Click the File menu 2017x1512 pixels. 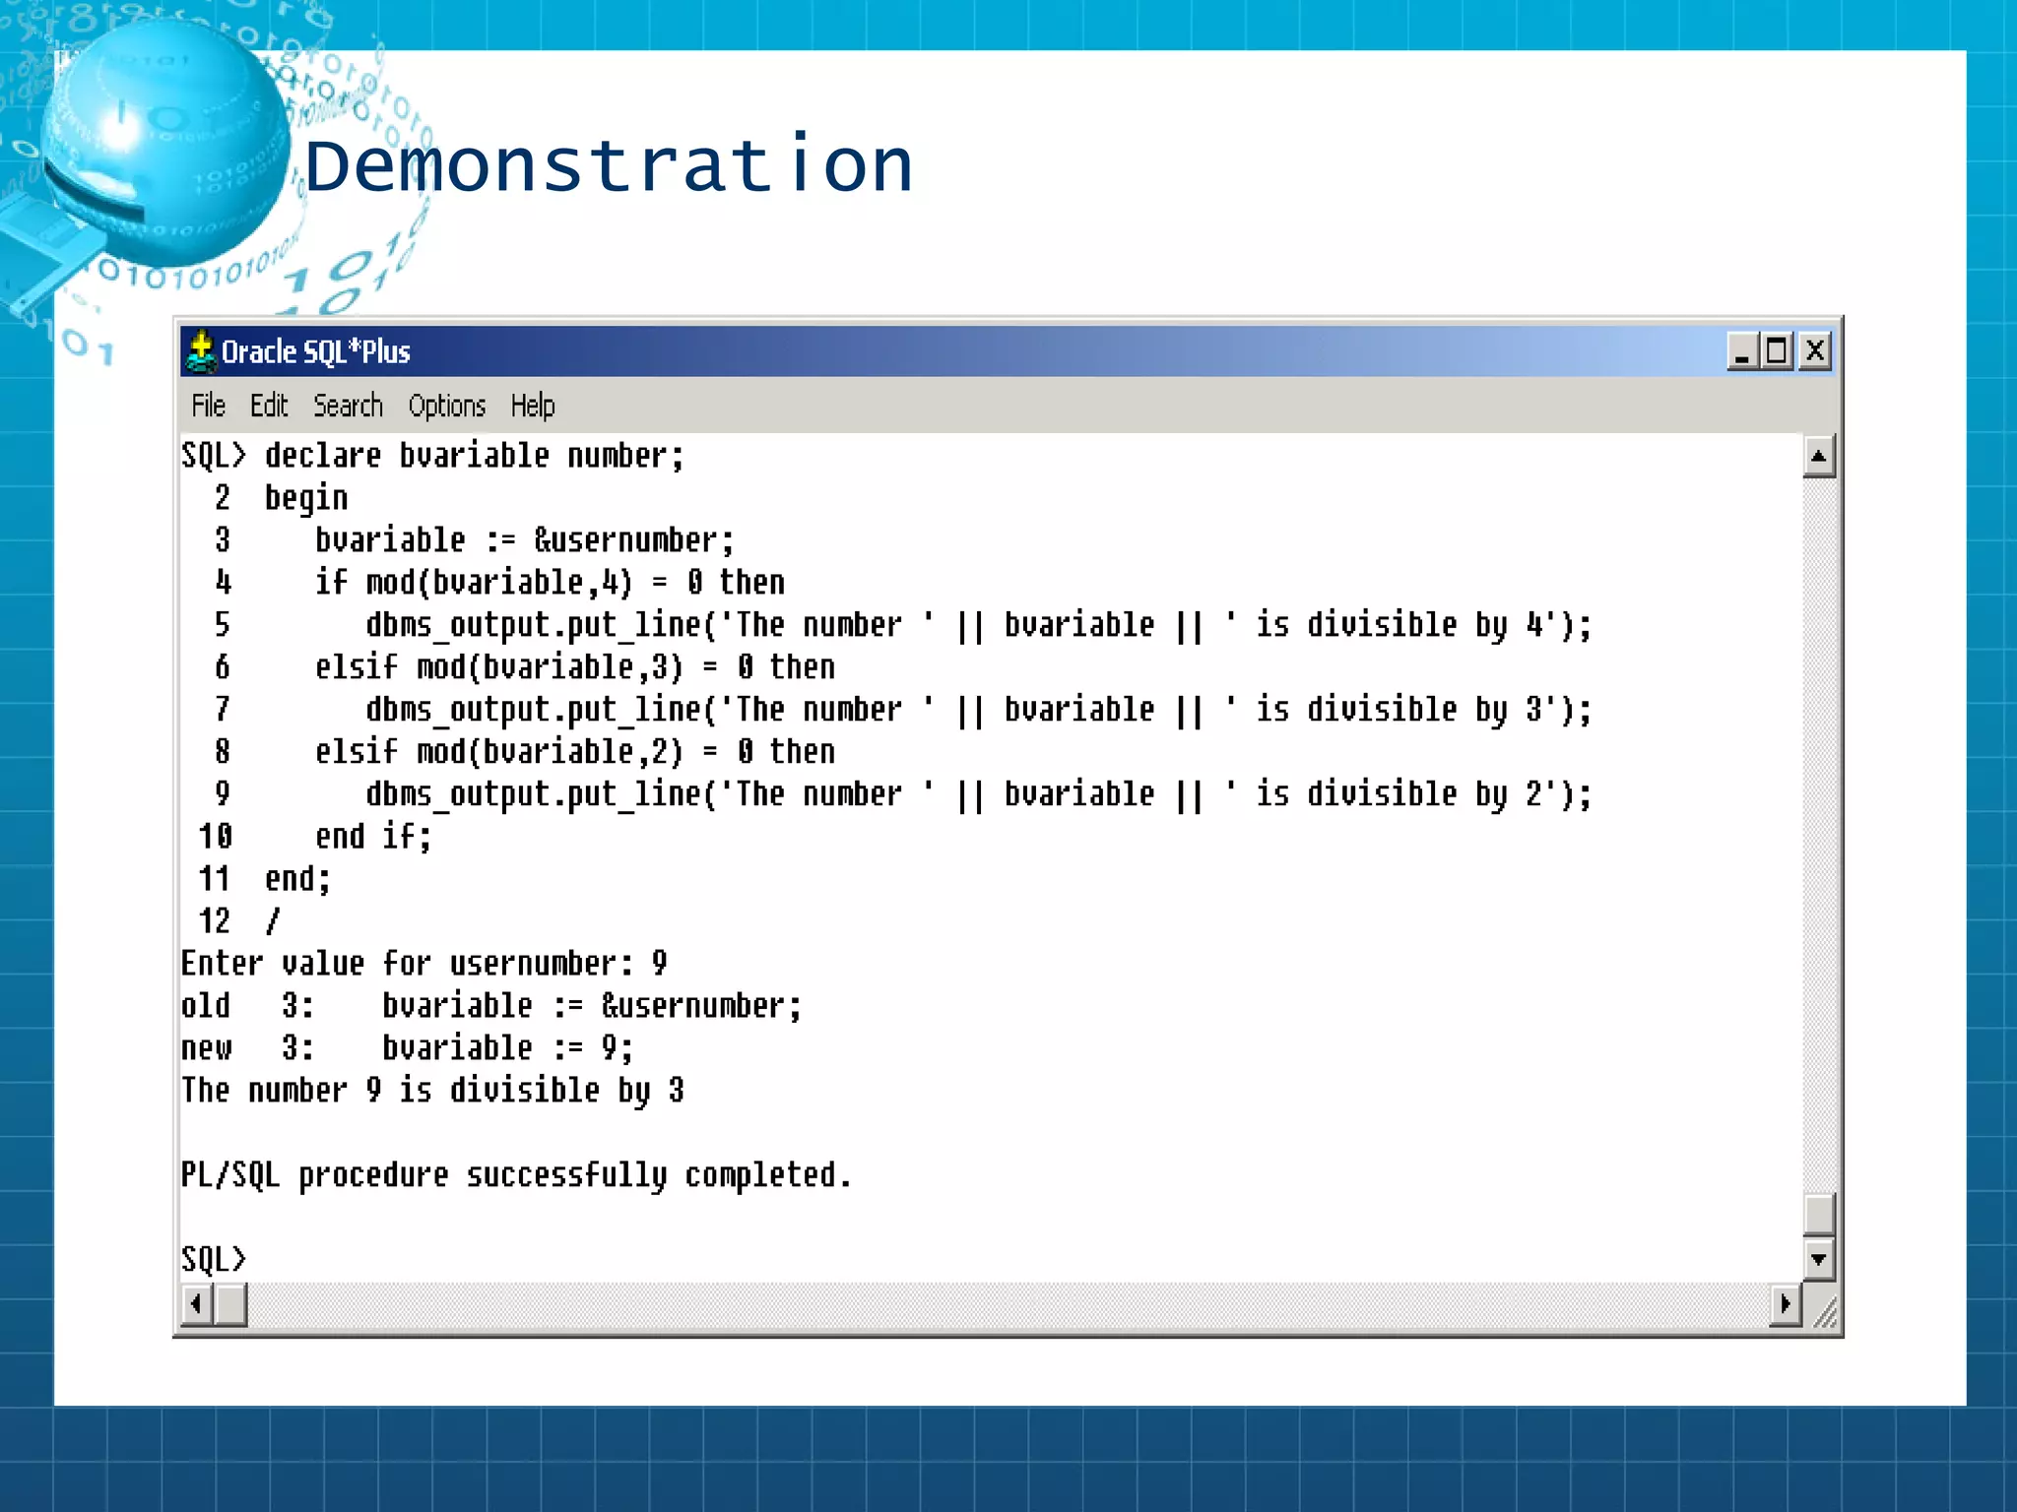pyautogui.click(x=208, y=406)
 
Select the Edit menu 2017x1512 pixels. pyautogui.click(x=268, y=406)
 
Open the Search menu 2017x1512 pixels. pyautogui.click(x=348, y=406)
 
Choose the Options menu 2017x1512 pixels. pyautogui.click(x=447, y=406)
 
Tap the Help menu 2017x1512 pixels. pyautogui.click(x=533, y=406)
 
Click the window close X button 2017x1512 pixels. pyautogui.click(x=1814, y=351)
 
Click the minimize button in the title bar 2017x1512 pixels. pyautogui.click(x=1742, y=351)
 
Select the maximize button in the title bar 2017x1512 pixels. pyautogui.click(x=1778, y=351)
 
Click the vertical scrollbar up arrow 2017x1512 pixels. pyautogui.click(x=1818, y=456)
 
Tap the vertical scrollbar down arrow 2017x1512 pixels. pyautogui.click(x=1818, y=1259)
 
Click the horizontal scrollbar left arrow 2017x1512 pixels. pyautogui.click(x=197, y=1305)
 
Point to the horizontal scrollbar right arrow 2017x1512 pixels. pyautogui.click(x=1785, y=1305)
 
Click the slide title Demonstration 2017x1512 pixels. pyautogui.click(x=609, y=165)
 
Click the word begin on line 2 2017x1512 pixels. pyautogui.click(x=306, y=498)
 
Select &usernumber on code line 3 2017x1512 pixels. pyautogui.click(x=633, y=540)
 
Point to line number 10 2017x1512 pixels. pyautogui.click(x=215, y=837)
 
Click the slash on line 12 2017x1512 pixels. pyautogui.click(x=273, y=921)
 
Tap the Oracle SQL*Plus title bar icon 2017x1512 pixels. pyautogui.click(x=201, y=351)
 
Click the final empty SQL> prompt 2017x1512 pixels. pyautogui.click(x=213, y=1259)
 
